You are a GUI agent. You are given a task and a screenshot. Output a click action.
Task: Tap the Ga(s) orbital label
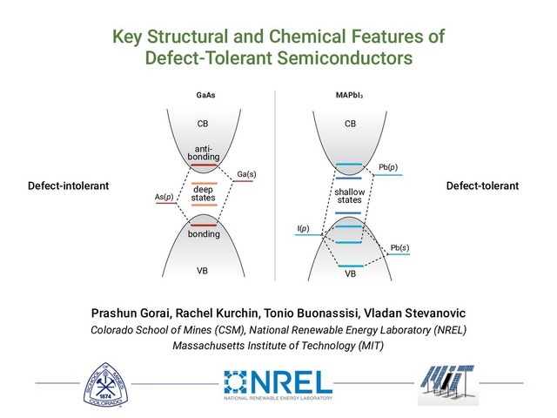click(246, 174)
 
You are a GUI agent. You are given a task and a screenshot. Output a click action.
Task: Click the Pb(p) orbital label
click(389, 166)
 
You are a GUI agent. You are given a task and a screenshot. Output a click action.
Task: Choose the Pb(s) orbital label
click(400, 247)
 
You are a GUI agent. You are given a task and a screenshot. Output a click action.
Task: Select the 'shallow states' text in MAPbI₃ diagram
click(350, 195)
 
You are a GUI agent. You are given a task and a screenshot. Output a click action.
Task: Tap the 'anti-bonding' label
click(203, 152)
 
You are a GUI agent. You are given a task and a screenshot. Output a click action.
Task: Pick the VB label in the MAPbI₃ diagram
click(351, 274)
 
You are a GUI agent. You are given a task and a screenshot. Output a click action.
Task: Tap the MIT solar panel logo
click(447, 383)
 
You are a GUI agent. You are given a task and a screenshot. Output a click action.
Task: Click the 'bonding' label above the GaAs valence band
click(203, 234)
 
